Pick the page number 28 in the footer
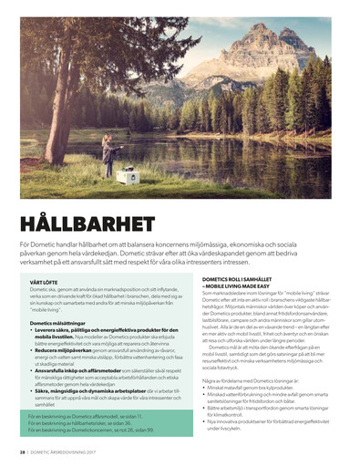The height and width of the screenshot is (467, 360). pyautogui.click(x=22, y=451)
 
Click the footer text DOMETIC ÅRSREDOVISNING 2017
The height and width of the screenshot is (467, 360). pyautogui.click(x=64, y=451)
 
